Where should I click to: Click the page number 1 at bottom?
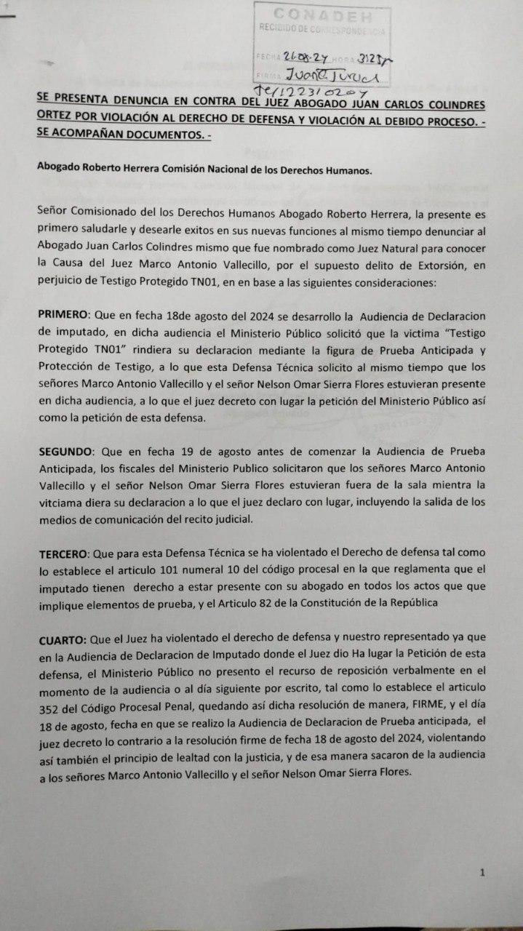(482, 872)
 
